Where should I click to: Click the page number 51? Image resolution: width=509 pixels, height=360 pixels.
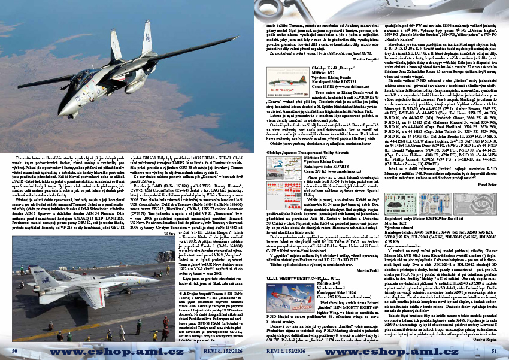[494, 350]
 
